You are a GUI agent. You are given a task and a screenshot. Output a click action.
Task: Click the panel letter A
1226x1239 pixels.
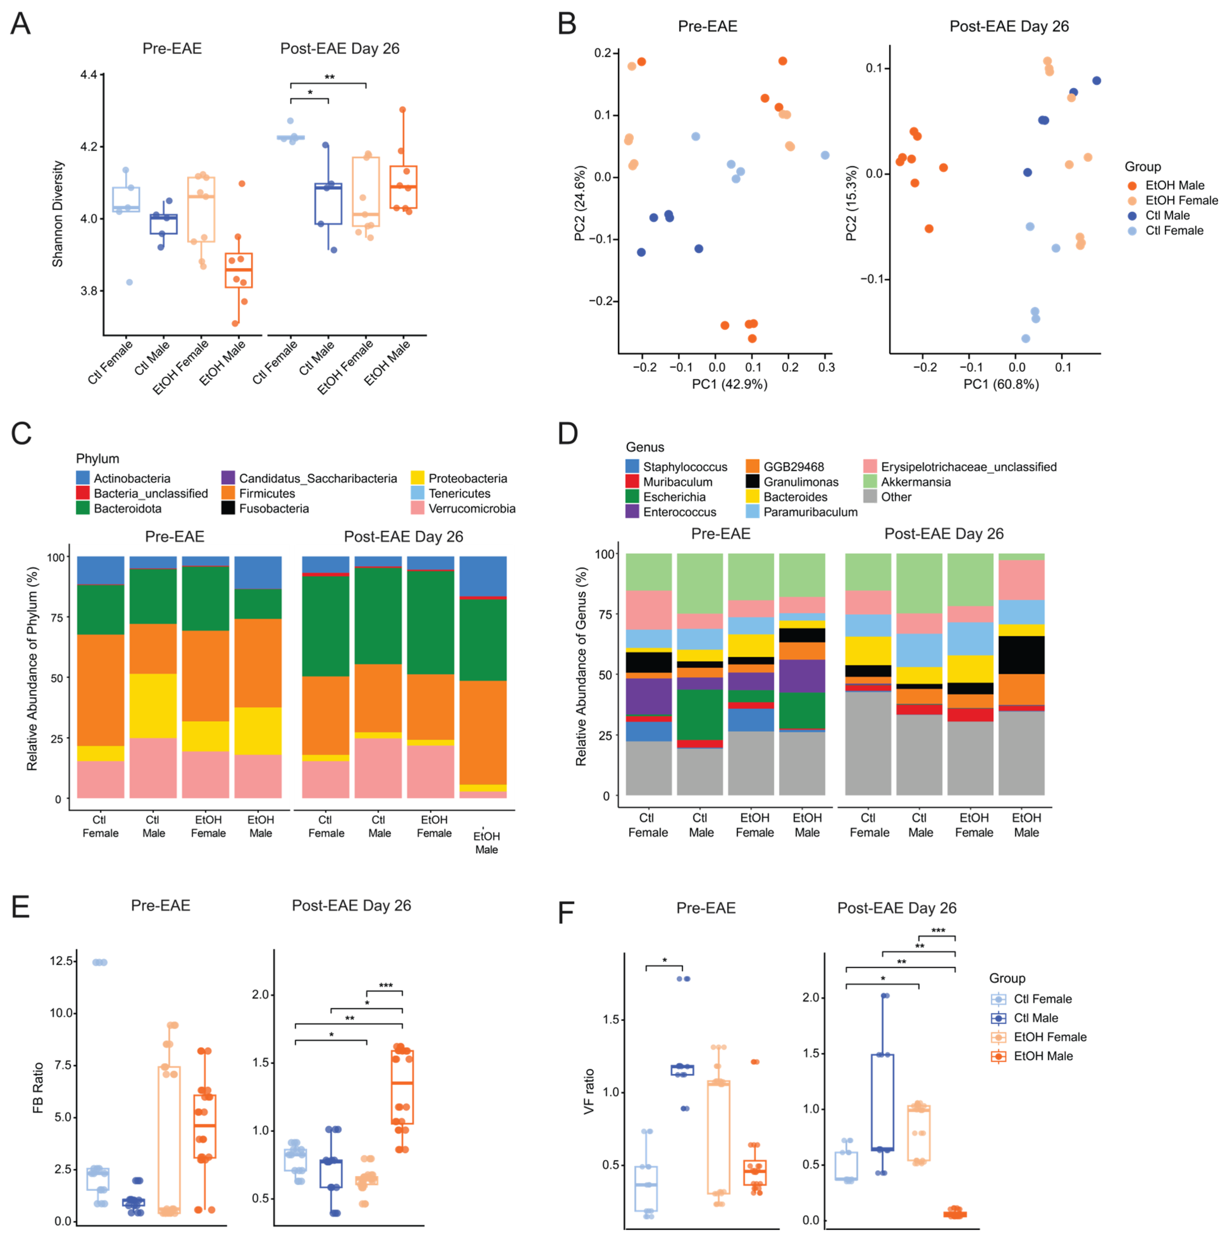(20, 24)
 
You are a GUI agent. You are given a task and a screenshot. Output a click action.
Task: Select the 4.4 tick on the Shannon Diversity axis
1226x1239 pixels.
(89, 75)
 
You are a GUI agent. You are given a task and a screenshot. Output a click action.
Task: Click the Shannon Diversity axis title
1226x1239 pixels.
(58, 214)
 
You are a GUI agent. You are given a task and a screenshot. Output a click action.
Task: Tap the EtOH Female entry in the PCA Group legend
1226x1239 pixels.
(1181, 200)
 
